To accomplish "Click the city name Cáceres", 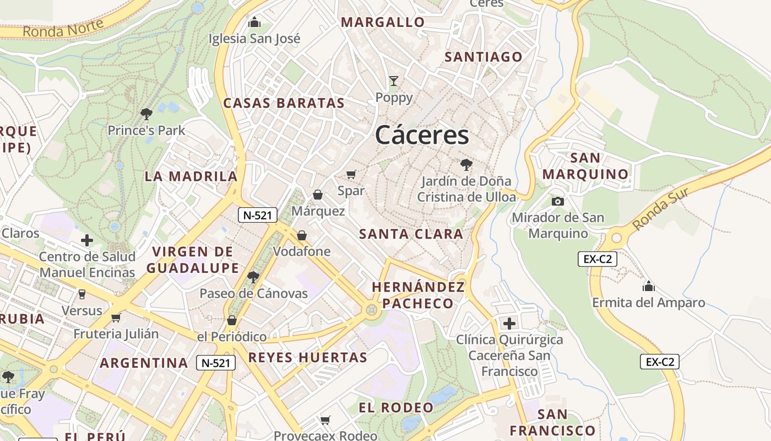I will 422,136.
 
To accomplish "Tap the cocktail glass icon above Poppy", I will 393,81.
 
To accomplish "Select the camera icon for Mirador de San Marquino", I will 558,201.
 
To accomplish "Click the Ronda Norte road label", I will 63,28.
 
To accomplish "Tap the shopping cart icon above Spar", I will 351,175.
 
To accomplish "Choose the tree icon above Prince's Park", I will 146,114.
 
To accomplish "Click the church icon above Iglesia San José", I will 254,22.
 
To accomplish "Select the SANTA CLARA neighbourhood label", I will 411,234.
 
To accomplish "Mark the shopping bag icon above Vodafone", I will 302,235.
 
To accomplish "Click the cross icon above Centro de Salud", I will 87,240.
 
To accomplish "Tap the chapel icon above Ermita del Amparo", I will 648,286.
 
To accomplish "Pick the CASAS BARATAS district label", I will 284,103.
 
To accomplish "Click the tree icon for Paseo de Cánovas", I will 253,277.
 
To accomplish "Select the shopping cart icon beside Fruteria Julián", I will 116,318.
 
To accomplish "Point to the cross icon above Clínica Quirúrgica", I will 509,323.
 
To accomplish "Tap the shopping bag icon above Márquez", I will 318,195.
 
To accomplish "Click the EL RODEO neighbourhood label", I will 396,408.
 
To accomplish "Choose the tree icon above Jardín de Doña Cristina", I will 466,164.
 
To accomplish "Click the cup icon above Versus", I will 82,294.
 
